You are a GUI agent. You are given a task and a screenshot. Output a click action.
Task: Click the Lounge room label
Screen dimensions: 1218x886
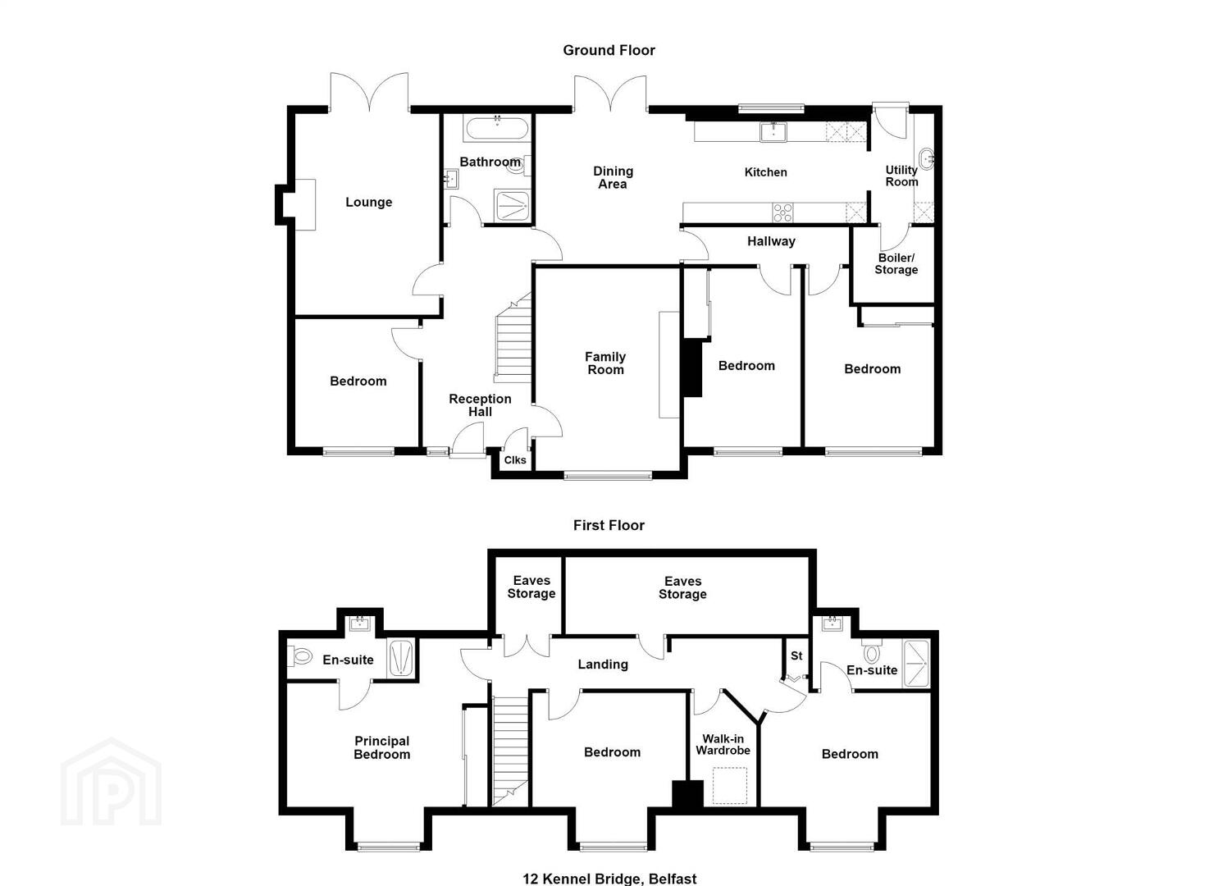[368, 203]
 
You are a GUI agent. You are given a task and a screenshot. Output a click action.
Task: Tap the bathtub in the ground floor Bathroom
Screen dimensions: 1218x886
[497, 130]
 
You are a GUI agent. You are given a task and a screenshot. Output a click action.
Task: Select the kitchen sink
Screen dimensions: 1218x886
[773, 131]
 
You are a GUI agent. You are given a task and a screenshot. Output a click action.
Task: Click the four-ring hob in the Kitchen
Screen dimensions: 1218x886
[782, 212]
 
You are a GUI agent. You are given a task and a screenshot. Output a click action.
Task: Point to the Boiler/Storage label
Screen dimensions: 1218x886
[896, 264]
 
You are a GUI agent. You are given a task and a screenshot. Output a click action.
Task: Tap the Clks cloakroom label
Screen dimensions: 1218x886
[515, 460]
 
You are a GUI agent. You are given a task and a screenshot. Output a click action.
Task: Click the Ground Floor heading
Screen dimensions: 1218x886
[609, 51]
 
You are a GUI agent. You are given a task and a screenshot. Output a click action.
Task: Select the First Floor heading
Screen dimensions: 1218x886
[609, 525]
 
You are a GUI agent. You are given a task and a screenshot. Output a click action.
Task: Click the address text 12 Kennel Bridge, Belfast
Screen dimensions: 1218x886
[609, 879]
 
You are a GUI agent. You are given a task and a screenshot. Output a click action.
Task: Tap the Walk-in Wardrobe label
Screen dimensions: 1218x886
[723, 745]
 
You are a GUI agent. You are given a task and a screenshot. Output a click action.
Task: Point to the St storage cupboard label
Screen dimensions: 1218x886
[796, 656]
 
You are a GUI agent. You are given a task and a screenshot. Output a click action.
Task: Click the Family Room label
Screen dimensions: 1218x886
[605, 363]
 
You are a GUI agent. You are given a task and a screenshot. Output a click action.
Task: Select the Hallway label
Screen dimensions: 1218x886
[771, 241]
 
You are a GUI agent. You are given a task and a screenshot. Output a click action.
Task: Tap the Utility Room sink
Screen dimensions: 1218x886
[926, 159]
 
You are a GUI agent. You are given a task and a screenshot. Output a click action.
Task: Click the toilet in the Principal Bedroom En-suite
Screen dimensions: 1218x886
[299, 656]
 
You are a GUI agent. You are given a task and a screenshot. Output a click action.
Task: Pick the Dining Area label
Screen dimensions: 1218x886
[613, 178]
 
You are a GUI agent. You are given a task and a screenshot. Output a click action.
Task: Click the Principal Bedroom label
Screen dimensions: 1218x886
[381, 748]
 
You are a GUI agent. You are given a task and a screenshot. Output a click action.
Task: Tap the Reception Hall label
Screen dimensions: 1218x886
[480, 406]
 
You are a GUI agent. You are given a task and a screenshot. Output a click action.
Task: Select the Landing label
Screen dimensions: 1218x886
[603, 664]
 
